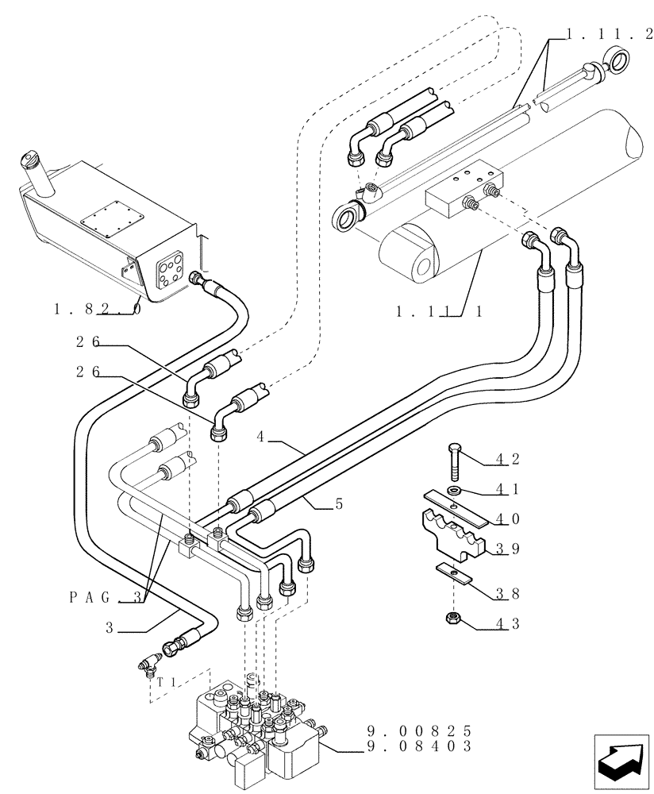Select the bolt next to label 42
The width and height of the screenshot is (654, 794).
click(454, 460)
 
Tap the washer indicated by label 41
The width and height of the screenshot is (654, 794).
click(456, 490)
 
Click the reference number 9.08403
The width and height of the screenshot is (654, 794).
click(420, 746)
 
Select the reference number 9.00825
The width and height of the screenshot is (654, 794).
click(420, 730)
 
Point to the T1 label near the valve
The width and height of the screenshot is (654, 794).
click(166, 680)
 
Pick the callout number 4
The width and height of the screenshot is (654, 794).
click(260, 437)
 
